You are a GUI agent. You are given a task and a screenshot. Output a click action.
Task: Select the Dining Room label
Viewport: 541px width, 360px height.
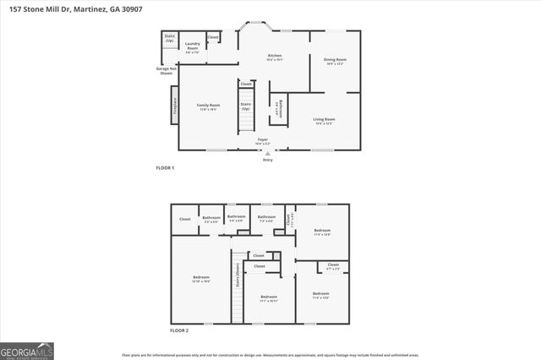(x=336, y=61)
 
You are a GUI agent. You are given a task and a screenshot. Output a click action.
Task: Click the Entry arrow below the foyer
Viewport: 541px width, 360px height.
(x=267, y=154)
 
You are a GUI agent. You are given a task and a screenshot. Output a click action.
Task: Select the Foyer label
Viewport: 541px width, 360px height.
(x=263, y=141)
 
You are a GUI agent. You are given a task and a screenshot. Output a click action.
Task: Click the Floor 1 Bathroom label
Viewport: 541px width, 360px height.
(x=278, y=108)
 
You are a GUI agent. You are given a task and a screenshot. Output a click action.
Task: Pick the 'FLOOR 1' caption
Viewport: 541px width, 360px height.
(x=165, y=168)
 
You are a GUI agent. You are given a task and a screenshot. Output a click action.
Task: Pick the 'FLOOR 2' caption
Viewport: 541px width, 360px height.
(x=178, y=330)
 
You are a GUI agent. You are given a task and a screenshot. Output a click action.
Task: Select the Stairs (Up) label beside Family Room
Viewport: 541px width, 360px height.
(x=246, y=106)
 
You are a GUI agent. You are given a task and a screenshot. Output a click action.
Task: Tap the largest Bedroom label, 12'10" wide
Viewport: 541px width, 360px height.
(x=200, y=279)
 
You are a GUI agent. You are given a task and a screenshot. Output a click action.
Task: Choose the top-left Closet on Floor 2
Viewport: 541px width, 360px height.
(x=185, y=219)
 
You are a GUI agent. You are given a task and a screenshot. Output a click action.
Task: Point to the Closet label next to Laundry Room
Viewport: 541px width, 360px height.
(x=213, y=37)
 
